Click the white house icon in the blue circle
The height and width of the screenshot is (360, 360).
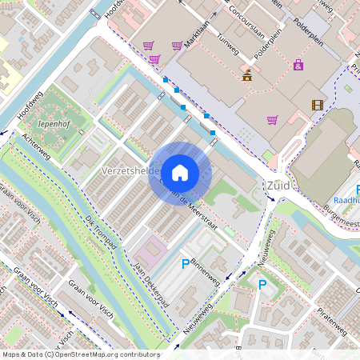coord(180,172)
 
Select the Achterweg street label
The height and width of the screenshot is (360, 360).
coord(37,147)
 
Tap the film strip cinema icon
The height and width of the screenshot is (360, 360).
coord(318,105)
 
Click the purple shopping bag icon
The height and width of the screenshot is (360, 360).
coord(298,65)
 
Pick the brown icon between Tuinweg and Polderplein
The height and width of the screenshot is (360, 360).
coord(247,76)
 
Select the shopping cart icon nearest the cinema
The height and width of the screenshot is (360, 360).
coord(272,121)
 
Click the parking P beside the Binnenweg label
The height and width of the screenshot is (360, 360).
coord(186,263)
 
